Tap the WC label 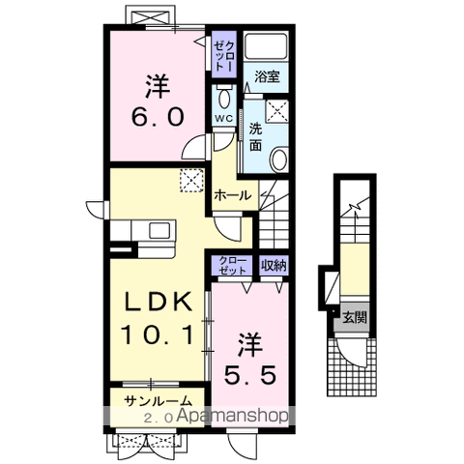coord(222,118)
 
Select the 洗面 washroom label coord(255,135)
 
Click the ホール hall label coord(232,194)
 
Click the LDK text coord(155,302)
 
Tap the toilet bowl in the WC coord(223,98)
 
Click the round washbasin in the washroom coord(278,159)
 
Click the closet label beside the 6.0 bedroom coord(223,57)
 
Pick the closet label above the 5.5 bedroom coord(232,265)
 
